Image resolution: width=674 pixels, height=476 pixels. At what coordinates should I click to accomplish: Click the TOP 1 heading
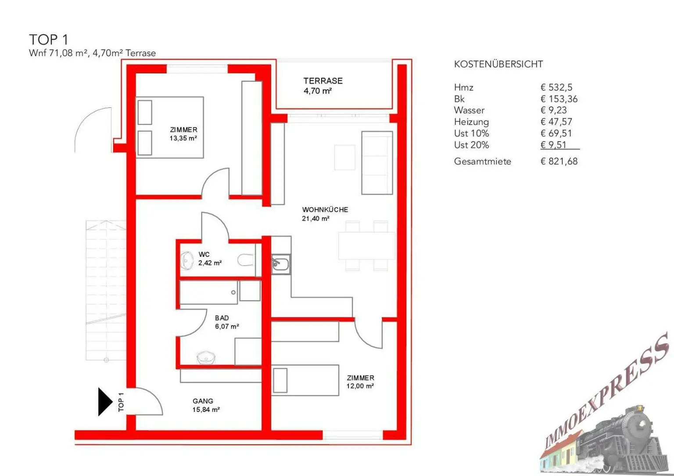pos(49,39)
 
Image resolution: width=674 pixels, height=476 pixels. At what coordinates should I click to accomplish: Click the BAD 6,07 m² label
pos(226,322)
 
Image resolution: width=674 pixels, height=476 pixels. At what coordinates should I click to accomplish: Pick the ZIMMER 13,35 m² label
pos(183,134)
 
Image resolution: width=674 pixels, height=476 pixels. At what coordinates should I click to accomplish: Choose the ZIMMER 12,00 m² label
pos(360,382)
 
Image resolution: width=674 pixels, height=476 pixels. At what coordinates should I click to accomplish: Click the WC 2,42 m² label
pos(209,259)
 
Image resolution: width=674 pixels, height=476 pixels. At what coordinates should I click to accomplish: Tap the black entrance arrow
pos(104,401)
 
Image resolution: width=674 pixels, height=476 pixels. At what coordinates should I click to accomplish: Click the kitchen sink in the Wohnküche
pos(280,264)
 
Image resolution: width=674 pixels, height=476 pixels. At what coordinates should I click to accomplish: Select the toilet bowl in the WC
pos(245,261)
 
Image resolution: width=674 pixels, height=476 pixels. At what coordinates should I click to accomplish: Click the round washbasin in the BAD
pos(205,358)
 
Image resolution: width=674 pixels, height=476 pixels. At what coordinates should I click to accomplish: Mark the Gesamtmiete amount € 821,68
pos(559,161)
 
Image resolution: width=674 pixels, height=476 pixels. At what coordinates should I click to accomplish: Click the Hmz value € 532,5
pos(556,87)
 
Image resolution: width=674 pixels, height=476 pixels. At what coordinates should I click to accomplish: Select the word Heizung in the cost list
pos(471,122)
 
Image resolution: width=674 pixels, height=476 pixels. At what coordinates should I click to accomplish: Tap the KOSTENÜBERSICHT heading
pos(498,64)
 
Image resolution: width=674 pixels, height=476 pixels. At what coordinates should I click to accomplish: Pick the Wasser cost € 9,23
pos(553,110)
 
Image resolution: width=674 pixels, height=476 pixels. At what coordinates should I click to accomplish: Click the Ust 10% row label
pos(471,133)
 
